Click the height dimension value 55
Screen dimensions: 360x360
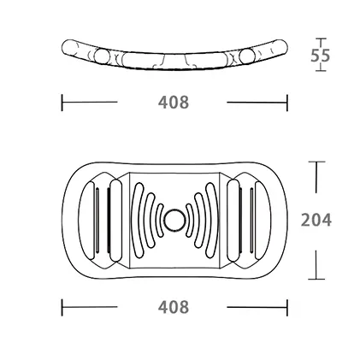pyautogui.click(x=320, y=56)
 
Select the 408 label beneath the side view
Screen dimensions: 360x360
pyautogui.click(x=174, y=102)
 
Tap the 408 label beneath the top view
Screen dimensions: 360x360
pyautogui.click(x=174, y=307)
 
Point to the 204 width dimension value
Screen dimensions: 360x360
pyautogui.click(x=316, y=220)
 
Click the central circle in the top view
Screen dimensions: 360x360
pyautogui.click(x=174, y=220)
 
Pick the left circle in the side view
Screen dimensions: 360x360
pyautogui.click(x=102, y=56)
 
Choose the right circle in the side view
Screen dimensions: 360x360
pyautogui.click(x=246, y=56)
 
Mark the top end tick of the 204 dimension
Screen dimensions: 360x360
pyautogui.click(x=316, y=162)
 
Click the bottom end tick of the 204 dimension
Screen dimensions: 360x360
pyautogui.click(x=316, y=279)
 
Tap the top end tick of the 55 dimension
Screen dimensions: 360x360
pyautogui.click(x=322, y=38)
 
